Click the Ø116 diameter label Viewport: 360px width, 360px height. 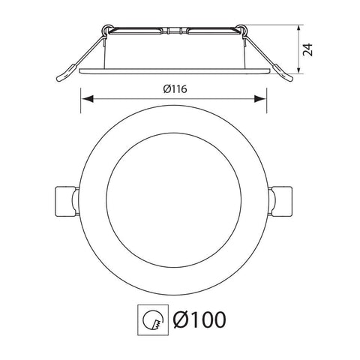click(x=174, y=90)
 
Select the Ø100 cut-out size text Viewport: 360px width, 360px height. click(x=199, y=320)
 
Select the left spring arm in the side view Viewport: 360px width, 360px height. click(x=79, y=56)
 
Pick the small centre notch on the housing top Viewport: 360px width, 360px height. click(x=174, y=31)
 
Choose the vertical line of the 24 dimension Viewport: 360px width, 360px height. click(x=301, y=49)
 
